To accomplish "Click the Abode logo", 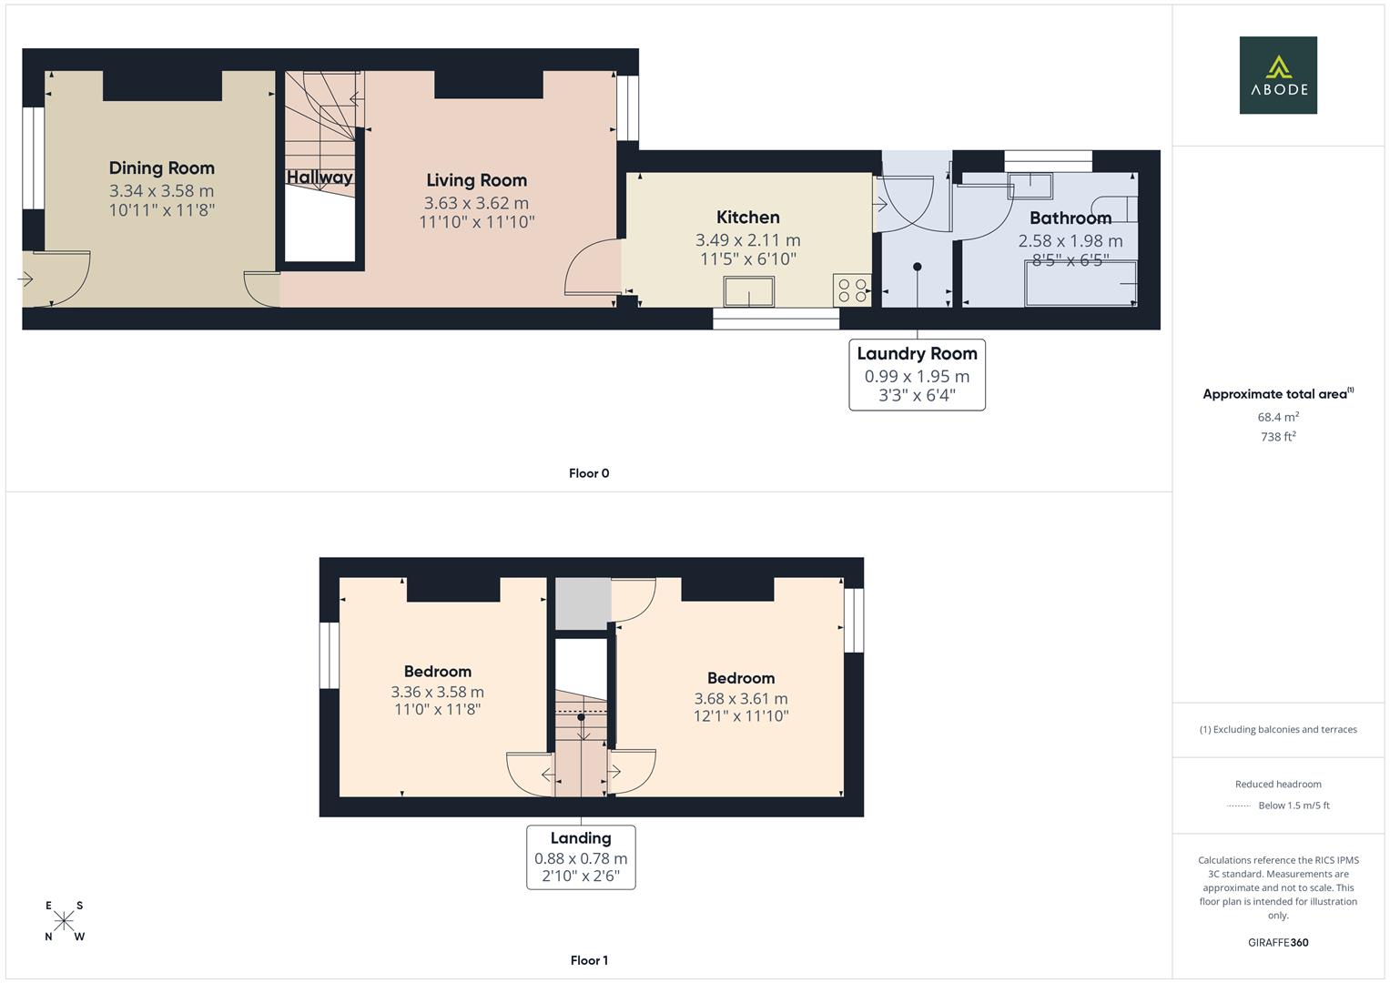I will [x=1277, y=76].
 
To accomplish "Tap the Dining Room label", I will [x=162, y=168].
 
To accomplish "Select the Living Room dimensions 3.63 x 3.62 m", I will [x=476, y=203].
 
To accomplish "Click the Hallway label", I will [x=320, y=177].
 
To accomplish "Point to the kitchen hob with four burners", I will [x=851, y=290].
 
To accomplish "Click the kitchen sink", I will [x=748, y=292].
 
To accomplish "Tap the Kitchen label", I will [x=747, y=218].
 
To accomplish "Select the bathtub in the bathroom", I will [x=1081, y=284].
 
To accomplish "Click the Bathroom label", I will [x=1070, y=218].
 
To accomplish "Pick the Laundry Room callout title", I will [x=917, y=354].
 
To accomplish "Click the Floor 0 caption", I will [x=589, y=473].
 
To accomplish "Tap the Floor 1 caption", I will [x=589, y=960].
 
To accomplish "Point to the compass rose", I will [x=64, y=921].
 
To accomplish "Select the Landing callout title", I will [x=581, y=838].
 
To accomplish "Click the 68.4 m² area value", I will [x=1277, y=417].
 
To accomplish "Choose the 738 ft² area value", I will [x=1277, y=437].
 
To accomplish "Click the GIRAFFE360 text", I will [x=1277, y=942].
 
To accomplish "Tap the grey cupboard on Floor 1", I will [x=583, y=603].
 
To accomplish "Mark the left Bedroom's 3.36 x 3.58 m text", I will [x=437, y=693].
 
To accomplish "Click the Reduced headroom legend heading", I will [x=1277, y=784].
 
